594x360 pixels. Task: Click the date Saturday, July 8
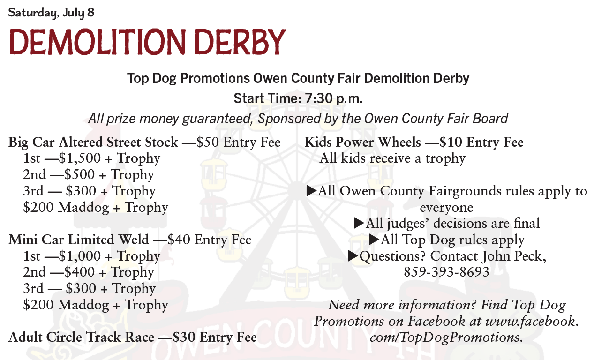pyautogui.click(x=51, y=13)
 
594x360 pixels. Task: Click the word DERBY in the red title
pyautogui.click(x=240, y=42)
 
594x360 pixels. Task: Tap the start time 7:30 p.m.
pyautogui.click(x=333, y=98)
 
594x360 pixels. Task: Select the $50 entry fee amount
pyautogui.click(x=208, y=142)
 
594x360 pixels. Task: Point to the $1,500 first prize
pyautogui.click(x=80, y=158)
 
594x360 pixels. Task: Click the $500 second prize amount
pyautogui.click(x=79, y=175)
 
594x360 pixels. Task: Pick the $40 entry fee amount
pyautogui.click(x=179, y=240)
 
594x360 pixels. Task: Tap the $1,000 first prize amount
pyautogui.click(x=80, y=256)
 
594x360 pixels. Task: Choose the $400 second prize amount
pyautogui.click(x=79, y=272)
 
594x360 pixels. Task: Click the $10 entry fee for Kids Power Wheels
pyautogui.click(x=451, y=142)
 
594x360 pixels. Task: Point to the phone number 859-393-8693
pyautogui.click(x=446, y=272)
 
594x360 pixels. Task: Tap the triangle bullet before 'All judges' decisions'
pyautogui.click(x=359, y=223)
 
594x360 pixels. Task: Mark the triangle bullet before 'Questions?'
pyautogui.click(x=353, y=256)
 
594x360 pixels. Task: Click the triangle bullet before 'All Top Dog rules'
pyautogui.click(x=374, y=240)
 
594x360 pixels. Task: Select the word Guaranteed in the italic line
pyautogui.click(x=217, y=119)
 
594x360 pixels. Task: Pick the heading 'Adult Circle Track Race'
pyautogui.click(x=81, y=337)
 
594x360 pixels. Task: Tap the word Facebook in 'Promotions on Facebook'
pyautogui.click(x=436, y=321)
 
